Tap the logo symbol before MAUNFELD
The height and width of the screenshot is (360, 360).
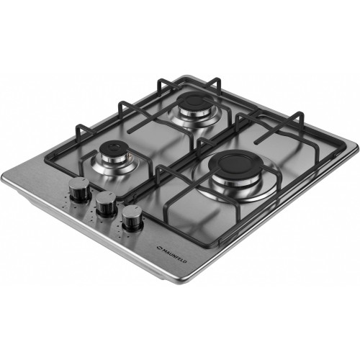coord(158,247)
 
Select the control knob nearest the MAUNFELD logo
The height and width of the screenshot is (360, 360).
coord(132,217)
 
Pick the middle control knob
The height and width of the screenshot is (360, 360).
coord(106,204)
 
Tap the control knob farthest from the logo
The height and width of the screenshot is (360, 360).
coord(79,189)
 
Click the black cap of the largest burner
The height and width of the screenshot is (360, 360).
coord(235,164)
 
